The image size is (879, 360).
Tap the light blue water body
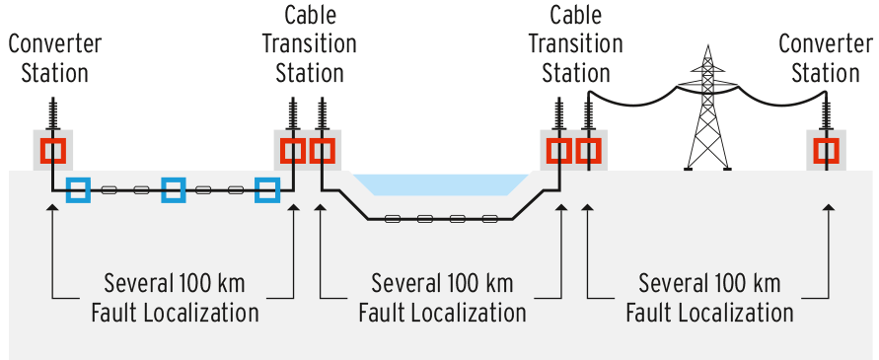tap(441, 183)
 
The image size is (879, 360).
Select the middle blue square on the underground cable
tap(174, 189)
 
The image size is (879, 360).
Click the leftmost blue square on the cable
tap(78, 189)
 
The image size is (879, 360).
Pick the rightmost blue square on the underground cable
tap(267, 189)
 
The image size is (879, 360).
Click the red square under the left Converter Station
tap(53, 151)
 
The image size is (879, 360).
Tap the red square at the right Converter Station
tap(827, 151)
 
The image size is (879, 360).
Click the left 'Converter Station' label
tap(55, 59)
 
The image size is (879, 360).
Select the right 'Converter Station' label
tap(825, 59)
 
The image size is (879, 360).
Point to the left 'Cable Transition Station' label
tap(310, 44)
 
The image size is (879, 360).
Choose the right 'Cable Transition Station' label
tap(576, 44)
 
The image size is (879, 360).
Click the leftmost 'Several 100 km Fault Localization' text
tap(175, 298)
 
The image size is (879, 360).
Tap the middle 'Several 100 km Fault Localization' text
tap(442, 298)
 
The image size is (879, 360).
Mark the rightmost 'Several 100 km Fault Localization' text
tap(709, 298)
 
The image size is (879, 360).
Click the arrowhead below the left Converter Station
tap(52, 207)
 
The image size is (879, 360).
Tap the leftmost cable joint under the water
tap(393, 219)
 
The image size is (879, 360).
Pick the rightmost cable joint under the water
tap(490, 219)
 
